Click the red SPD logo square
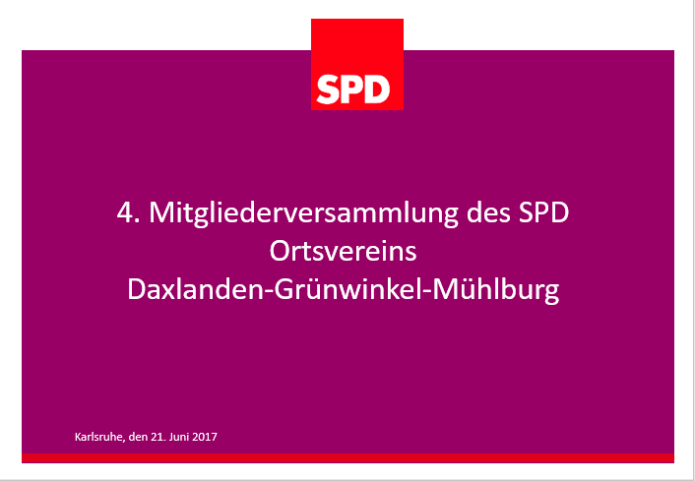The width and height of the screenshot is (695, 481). tap(357, 64)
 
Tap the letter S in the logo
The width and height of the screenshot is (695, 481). tap(328, 90)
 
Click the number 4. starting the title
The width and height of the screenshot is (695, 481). tap(129, 212)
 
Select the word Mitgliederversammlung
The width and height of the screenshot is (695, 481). tap(303, 213)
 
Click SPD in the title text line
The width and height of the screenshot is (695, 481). tap(543, 212)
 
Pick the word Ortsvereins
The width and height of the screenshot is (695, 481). tap(343, 251)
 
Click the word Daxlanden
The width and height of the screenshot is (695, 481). tap(196, 289)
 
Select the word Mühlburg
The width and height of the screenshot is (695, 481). tap(496, 290)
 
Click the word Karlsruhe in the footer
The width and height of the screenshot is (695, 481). tap(98, 437)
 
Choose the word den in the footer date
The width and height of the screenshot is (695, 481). tap(138, 437)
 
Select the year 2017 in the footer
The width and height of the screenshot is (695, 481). tap(205, 437)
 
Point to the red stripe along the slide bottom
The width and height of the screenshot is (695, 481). tap(347, 458)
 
